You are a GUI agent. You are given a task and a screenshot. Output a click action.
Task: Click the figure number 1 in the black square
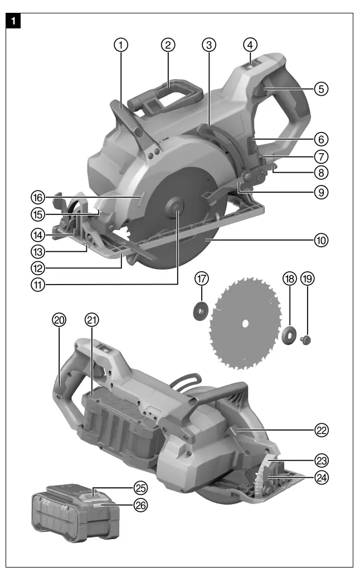13,22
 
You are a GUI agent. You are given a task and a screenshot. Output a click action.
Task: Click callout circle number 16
37,197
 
